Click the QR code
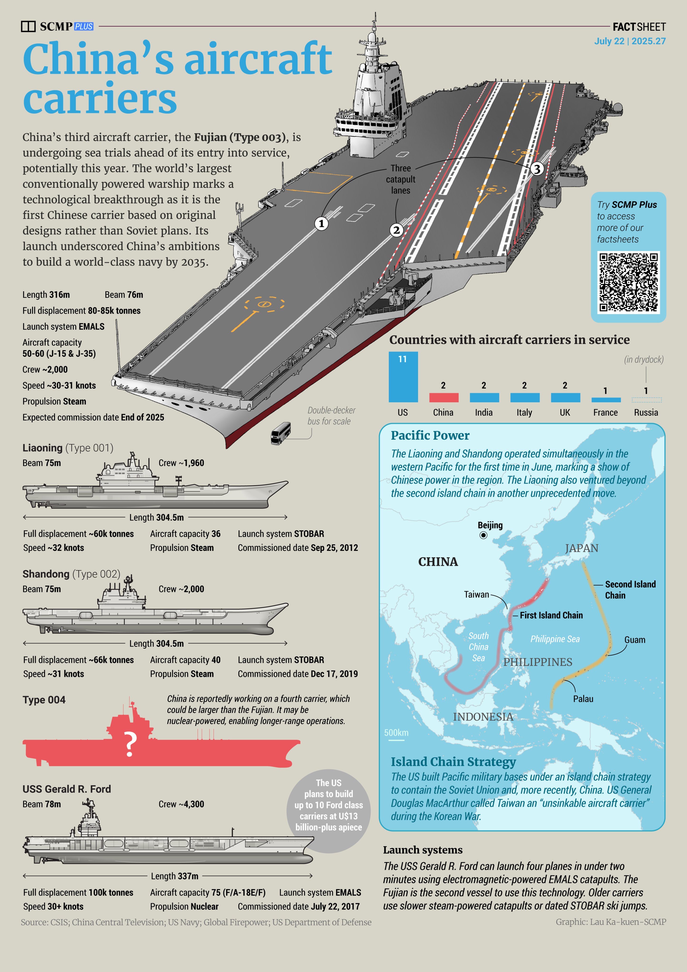tap(628, 282)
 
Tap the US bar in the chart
tap(403, 377)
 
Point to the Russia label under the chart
tap(646, 412)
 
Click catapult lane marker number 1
tap(321, 224)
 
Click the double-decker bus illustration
tap(281, 433)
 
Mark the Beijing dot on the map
tap(483, 535)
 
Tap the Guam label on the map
tap(635, 640)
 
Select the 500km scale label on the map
tap(396, 733)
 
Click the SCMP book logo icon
tap(28, 26)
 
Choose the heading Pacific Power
tap(430, 436)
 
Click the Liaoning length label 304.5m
tap(157, 517)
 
